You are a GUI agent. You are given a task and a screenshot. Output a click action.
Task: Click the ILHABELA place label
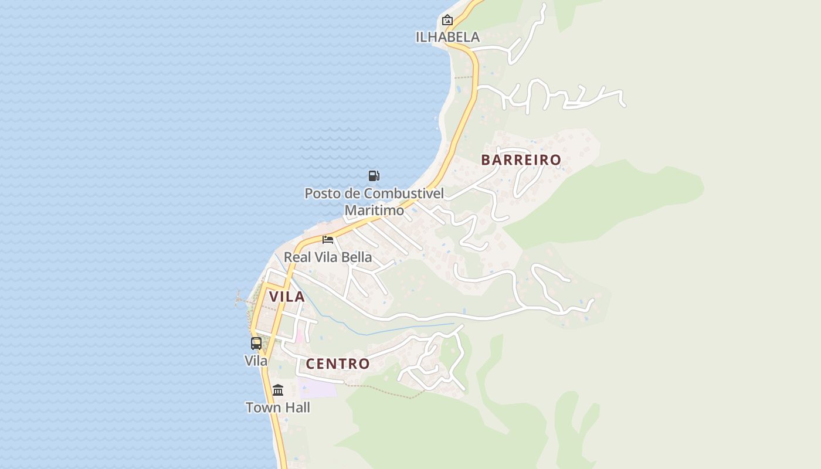pyautogui.click(x=447, y=37)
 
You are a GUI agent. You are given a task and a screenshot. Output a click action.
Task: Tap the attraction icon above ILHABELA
pyautogui.click(x=447, y=20)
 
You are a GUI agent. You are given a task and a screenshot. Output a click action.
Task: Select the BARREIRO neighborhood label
pyautogui.click(x=521, y=159)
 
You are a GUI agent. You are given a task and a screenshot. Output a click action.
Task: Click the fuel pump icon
pyautogui.click(x=374, y=175)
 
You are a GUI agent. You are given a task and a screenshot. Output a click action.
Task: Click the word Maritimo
pyautogui.click(x=374, y=210)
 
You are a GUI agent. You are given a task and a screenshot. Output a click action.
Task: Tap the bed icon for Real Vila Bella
pyautogui.click(x=328, y=239)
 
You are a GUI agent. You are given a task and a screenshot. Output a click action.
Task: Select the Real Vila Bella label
pyautogui.click(x=328, y=257)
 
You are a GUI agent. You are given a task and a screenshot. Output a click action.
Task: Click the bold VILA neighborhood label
pyautogui.click(x=287, y=297)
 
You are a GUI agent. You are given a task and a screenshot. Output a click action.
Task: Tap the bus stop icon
pyautogui.click(x=256, y=343)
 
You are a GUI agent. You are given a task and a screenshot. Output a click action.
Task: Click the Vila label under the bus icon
pyautogui.click(x=256, y=361)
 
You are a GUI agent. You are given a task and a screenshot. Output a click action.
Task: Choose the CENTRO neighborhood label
pyautogui.click(x=338, y=364)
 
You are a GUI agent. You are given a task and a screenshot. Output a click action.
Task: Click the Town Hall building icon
pyautogui.click(x=278, y=390)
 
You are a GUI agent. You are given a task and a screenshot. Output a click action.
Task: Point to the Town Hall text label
pyautogui.click(x=278, y=407)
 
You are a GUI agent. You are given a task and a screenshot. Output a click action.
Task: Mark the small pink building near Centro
pyautogui.click(x=300, y=336)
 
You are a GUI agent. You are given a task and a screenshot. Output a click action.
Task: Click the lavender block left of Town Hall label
pyautogui.click(x=317, y=388)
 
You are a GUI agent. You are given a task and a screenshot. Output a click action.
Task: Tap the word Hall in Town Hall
pyautogui.click(x=297, y=407)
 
